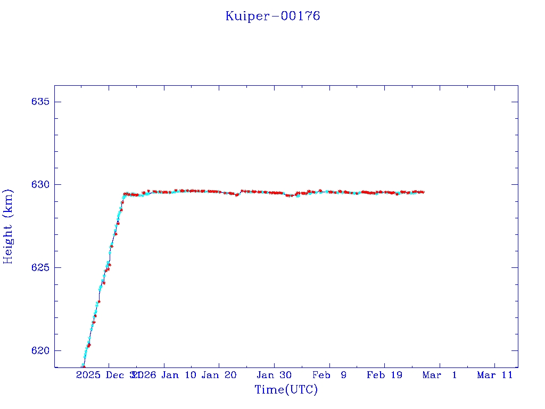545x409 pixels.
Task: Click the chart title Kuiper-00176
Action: [272, 16]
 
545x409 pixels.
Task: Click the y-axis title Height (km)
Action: [8, 226]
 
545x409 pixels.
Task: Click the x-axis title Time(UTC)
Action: [286, 390]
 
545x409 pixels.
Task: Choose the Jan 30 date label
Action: [274, 375]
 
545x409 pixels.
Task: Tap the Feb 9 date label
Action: [329, 375]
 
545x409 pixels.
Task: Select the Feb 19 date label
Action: [384, 375]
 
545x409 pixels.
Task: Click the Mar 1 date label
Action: [440, 375]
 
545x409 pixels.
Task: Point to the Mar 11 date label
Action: [494, 375]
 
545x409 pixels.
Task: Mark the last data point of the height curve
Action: [423, 192]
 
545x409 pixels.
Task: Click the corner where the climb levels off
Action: [124, 194]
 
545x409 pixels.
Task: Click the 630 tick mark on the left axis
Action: [56, 184]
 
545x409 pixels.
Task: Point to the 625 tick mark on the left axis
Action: [56, 267]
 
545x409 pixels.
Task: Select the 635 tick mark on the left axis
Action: [56, 102]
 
